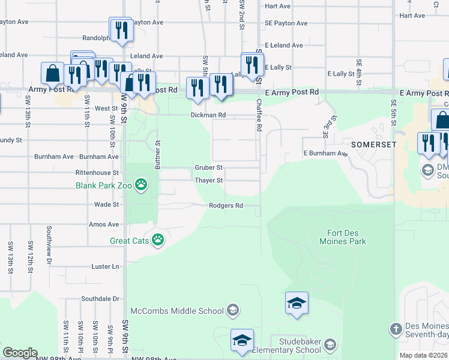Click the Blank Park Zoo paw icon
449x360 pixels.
coord(141,184)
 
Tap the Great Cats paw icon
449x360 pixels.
coord(158,241)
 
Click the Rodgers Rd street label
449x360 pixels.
coord(226,206)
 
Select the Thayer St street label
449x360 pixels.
coord(209,181)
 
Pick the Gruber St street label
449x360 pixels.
coord(209,167)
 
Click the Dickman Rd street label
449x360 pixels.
coord(208,115)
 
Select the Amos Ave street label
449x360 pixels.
coord(104,224)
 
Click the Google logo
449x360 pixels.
coord(20,353)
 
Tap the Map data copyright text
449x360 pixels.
coord(424,355)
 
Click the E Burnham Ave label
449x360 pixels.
coord(325,154)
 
